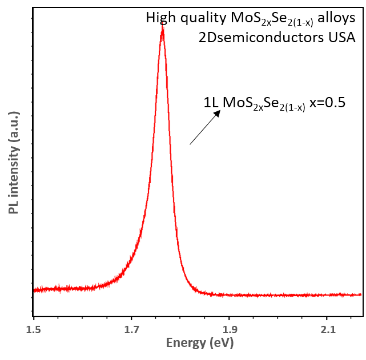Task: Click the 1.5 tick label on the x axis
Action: (x=34, y=329)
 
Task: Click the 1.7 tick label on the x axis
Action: (x=131, y=329)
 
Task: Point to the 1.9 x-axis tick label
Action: (x=229, y=329)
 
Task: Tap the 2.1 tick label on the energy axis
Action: (x=327, y=329)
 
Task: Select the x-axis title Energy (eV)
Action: (x=200, y=343)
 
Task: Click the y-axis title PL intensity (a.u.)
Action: (x=14, y=163)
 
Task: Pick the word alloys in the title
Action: (x=336, y=18)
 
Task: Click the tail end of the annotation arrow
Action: (x=190, y=144)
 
